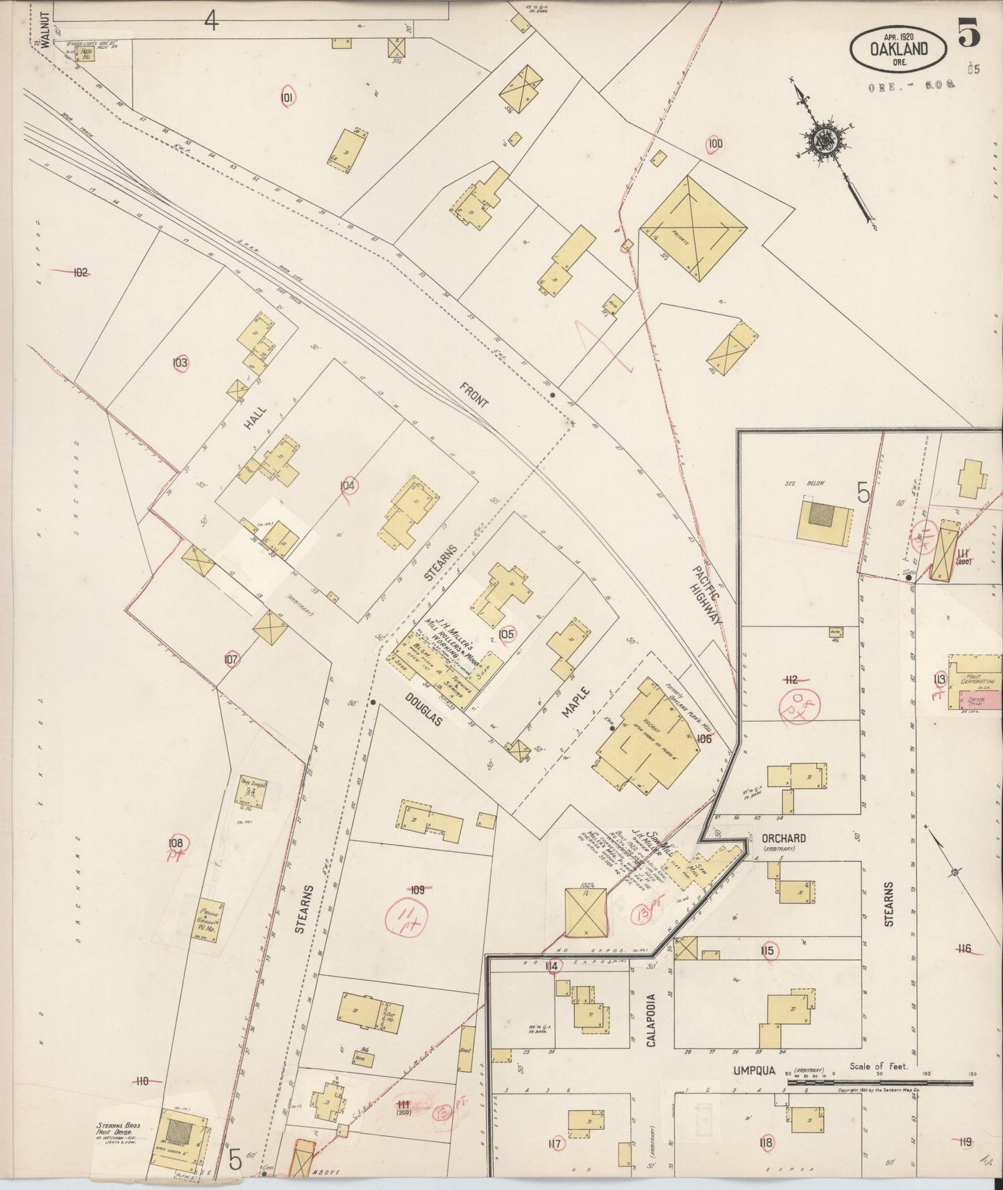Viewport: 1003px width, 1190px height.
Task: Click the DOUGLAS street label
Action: pos(424,710)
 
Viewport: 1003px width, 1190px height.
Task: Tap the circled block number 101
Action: pos(287,98)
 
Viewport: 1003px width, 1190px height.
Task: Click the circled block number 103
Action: pos(180,362)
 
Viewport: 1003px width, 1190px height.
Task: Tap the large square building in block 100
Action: pos(693,228)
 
